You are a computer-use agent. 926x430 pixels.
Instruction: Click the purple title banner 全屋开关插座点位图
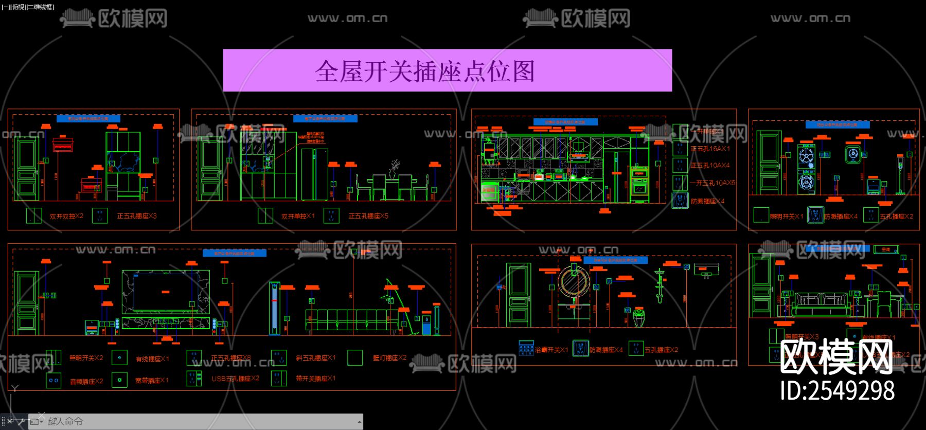[x=447, y=70]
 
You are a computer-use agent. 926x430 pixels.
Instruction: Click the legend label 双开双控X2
[x=66, y=217]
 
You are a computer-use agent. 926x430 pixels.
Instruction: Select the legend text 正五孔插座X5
[x=368, y=216]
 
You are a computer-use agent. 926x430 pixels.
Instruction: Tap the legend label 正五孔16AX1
[x=710, y=149]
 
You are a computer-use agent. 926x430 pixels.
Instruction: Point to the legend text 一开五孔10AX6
[x=713, y=183]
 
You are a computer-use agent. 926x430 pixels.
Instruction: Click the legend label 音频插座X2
[x=86, y=381]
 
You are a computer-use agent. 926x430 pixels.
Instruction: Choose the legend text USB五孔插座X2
[x=235, y=379]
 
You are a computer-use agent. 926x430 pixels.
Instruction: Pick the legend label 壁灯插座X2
[x=389, y=357]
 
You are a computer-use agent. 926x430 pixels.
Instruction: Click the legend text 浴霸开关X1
[x=551, y=350]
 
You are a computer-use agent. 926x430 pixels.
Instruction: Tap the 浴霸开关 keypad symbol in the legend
[x=526, y=348]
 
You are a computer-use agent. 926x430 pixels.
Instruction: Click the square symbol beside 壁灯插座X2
[x=355, y=357]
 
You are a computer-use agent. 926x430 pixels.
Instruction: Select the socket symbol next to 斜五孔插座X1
[x=279, y=357]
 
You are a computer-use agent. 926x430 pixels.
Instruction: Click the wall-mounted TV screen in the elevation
[x=166, y=292]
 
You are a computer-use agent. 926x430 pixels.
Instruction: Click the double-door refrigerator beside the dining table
[x=314, y=174]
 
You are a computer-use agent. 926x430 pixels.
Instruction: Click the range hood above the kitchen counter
[x=579, y=155]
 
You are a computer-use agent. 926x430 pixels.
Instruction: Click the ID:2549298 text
[x=837, y=390]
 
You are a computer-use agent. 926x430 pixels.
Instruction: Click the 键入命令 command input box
[x=201, y=421]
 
